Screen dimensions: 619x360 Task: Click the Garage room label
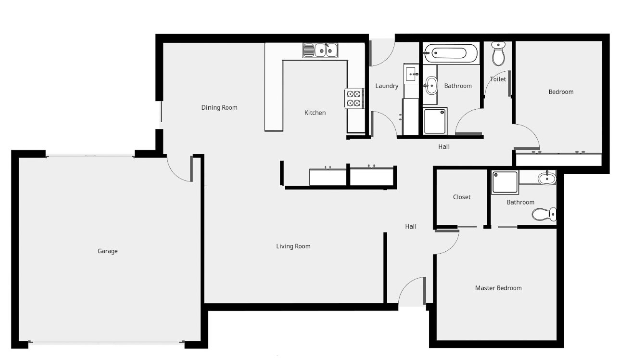pyautogui.click(x=108, y=251)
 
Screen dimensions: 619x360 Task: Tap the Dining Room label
pyautogui.click(x=219, y=107)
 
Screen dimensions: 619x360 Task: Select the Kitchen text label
pyautogui.click(x=315, y=113)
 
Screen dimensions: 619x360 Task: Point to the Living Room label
pyautogui.click(x=293, y=246)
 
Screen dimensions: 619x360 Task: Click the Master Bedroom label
pyautogui.click(x=498, y=288)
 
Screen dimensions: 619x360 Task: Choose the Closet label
pyautogui.click(x=462, y=197)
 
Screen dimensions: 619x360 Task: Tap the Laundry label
pyautogui.click(x=387, y=86)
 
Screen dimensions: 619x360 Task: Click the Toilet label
pyautogui.click(x=498, y=79)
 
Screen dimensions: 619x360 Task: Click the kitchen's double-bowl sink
pyautogui.click(x=320, y=51)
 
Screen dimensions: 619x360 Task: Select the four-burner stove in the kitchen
pyautogui.click(x=354, y=99)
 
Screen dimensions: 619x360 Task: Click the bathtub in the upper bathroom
pyautogui.click(x=451, y=53)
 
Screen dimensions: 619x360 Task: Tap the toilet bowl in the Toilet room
pyautogui.click(x=498, y=54)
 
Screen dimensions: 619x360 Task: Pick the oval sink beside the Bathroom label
pyautogui.click(x=430, y=86)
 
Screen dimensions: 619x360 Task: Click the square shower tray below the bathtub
pyautogui.click(x=435, y=121)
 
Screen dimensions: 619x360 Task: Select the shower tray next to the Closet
pyautogui.click(x=505, y=182)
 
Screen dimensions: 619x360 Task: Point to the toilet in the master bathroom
pyautogui.click(x=544, y=214)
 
